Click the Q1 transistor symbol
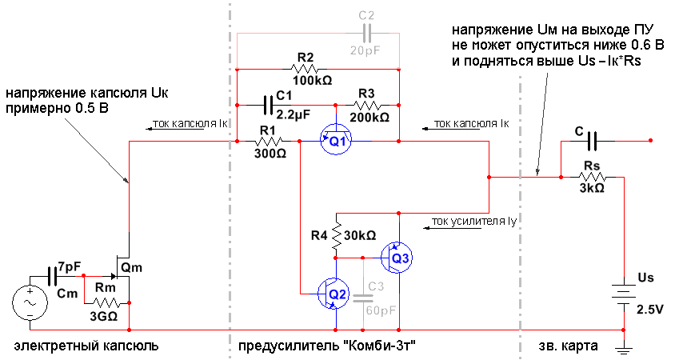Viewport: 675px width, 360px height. [337, 141]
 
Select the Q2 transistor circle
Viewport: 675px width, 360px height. [334, 294]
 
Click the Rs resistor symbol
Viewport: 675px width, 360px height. [592, 177]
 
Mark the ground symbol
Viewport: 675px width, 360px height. [623, 346]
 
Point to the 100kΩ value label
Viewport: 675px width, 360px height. [313, 81]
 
